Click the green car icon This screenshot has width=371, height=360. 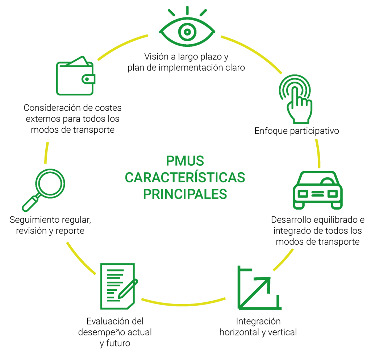317,190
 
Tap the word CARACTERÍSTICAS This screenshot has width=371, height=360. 185,177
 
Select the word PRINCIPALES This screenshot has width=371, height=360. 185,194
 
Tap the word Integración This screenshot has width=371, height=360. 258,321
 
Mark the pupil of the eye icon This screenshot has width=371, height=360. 187,32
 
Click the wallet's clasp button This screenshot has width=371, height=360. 87,79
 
